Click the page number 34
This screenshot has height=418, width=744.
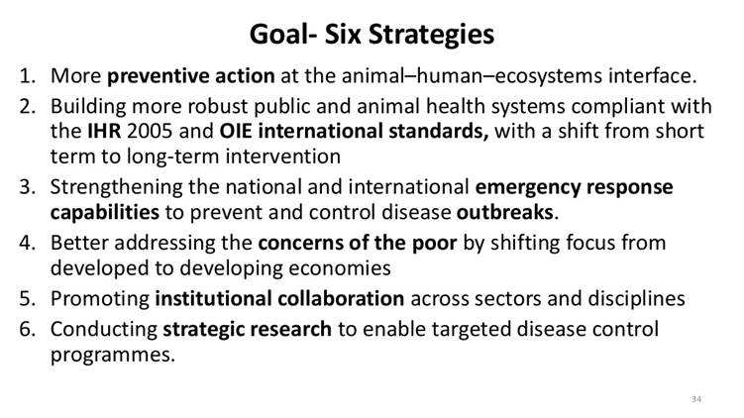[x=695, y=399]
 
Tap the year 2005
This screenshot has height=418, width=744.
[x=149, y=132]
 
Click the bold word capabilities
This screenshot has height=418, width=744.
[x=105, y=212]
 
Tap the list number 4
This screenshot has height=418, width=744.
[x=29, y=243]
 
